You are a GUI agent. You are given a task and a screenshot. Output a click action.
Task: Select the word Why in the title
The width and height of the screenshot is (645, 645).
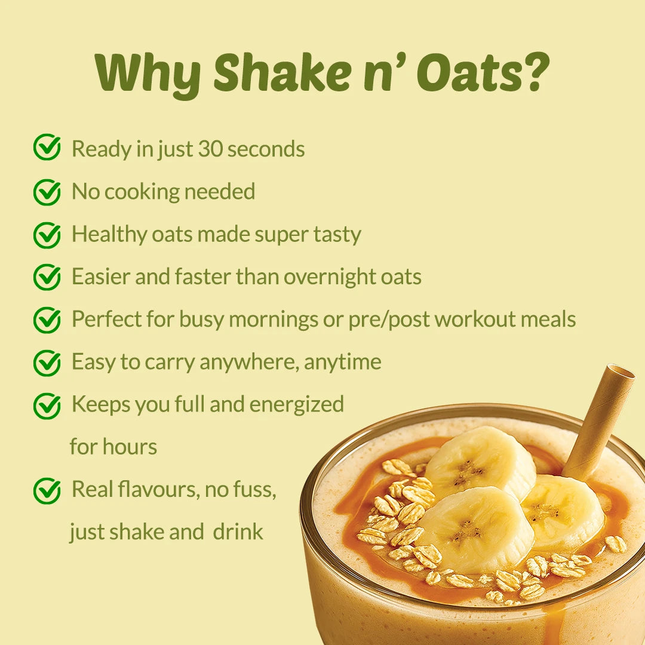(148, 74)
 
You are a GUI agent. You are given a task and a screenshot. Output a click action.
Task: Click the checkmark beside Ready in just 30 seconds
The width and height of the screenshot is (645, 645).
(47, 147)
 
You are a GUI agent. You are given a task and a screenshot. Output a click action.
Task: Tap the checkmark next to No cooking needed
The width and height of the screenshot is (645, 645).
(47, 192)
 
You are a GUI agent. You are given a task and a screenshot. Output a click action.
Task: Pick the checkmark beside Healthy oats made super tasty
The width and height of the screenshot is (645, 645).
(47, 235)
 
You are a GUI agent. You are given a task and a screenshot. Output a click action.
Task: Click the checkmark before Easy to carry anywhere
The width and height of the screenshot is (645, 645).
(47, 363)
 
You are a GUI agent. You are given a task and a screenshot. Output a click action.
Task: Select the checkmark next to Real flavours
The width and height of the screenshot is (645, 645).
(47, 490)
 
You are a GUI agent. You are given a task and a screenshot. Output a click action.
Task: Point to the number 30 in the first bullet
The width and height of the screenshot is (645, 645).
(211, 149)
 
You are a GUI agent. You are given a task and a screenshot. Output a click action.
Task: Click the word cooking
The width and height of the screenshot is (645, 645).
(141, 192)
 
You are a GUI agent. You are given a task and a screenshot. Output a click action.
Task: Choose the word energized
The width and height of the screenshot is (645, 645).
(297, 405)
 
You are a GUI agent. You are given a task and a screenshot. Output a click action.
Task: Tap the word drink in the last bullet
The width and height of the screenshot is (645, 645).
(238, 532)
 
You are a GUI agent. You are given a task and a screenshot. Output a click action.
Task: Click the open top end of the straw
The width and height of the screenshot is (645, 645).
(622, 372)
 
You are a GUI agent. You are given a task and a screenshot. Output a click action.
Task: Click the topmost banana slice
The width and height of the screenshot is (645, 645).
(480, 462)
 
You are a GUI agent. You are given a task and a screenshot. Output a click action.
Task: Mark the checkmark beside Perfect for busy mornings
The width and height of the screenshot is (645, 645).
(47, 320)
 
